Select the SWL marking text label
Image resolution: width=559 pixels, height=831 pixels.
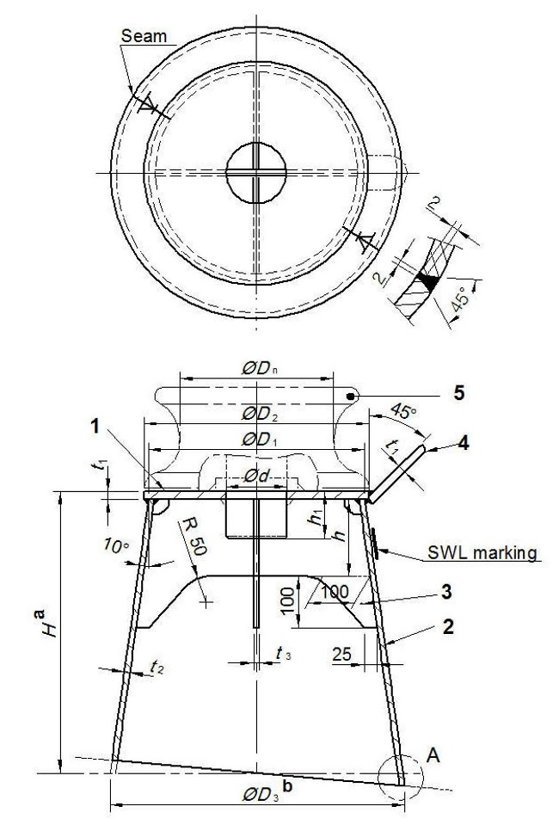pyautogui.click(x=483, y=552)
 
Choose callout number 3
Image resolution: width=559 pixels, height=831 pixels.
pyautogui.click(x=445, y=593)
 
